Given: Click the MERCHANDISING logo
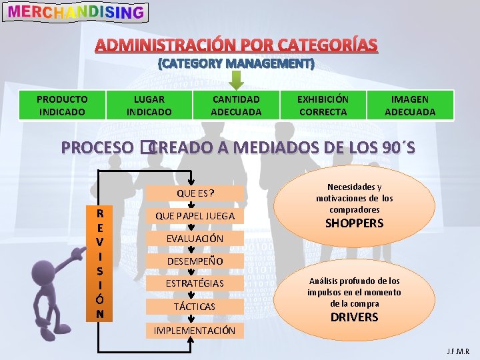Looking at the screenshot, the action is [75, 12].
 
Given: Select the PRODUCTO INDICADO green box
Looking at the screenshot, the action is [62, 105].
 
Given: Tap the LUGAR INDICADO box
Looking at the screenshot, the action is [149, 105].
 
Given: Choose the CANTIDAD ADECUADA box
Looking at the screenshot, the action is [236, 105].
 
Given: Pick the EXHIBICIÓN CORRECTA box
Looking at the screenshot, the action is [323, 105].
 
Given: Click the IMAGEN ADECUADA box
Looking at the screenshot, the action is [410, 105].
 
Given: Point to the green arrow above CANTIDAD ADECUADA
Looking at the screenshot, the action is [236, 79].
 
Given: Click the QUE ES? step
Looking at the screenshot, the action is [195, 193].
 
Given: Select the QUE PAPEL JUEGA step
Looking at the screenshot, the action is [195, 215].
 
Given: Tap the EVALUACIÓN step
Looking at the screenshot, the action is [195, 238].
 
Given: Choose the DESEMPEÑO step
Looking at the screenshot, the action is [195, 261].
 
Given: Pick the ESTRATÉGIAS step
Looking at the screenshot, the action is [195, 283].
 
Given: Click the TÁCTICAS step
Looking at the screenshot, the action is [195, 306].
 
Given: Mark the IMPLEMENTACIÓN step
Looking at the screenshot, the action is [195, 330].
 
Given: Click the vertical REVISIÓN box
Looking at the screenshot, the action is [99, 263].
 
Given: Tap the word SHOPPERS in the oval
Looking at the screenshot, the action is [354, 223].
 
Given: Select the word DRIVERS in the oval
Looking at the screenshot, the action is [354, 317].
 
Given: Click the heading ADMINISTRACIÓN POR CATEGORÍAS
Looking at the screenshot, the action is [236, 45].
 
